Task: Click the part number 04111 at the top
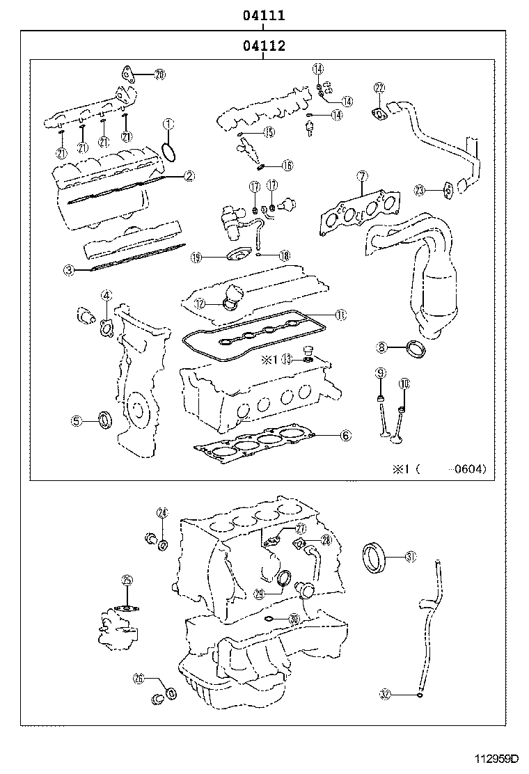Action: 263,15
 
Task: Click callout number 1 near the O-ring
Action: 168,125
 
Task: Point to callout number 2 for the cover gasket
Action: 189,176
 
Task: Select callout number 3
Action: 68,269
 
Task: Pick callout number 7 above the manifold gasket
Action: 362,175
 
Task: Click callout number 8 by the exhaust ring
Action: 381,346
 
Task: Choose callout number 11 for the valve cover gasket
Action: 340,315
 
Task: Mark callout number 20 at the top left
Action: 159,74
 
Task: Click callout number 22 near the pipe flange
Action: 379,88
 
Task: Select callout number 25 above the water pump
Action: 127,580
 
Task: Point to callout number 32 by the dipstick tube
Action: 385,693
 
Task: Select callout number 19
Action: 196,258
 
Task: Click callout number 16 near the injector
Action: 287,165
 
